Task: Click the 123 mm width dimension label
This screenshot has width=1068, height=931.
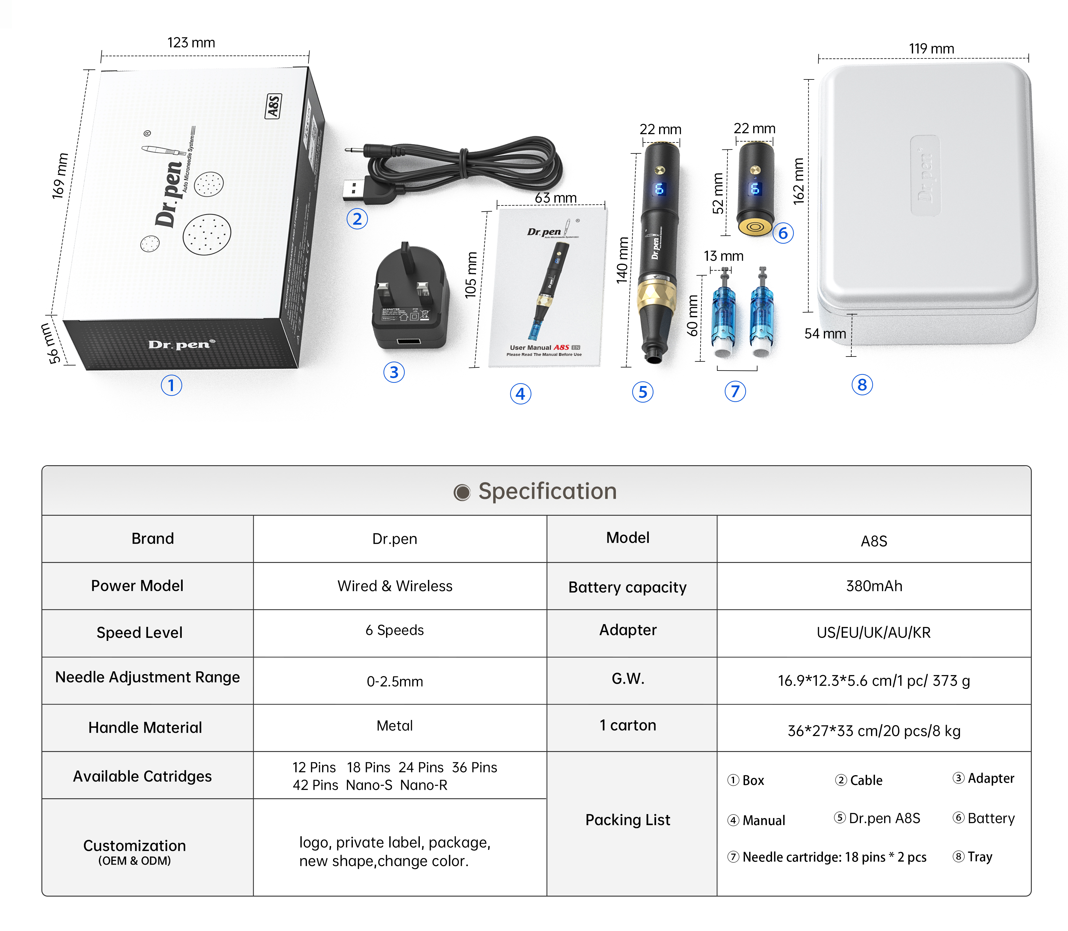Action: coord(191,43)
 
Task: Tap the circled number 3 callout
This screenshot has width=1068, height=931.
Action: coord(394,372)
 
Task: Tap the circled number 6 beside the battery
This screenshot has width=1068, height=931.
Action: coord(783,233)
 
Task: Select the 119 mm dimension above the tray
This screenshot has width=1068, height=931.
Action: coord(931,49)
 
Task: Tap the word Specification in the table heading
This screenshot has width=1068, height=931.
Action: coord(547,491)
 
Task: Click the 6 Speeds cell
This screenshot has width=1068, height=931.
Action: coord(395,630)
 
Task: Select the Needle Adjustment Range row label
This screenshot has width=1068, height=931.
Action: coord(148,677)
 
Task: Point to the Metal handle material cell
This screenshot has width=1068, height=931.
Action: coord(395,726)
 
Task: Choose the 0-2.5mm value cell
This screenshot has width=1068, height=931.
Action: coord(395,681)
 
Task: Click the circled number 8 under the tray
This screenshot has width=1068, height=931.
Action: coord(862,385)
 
